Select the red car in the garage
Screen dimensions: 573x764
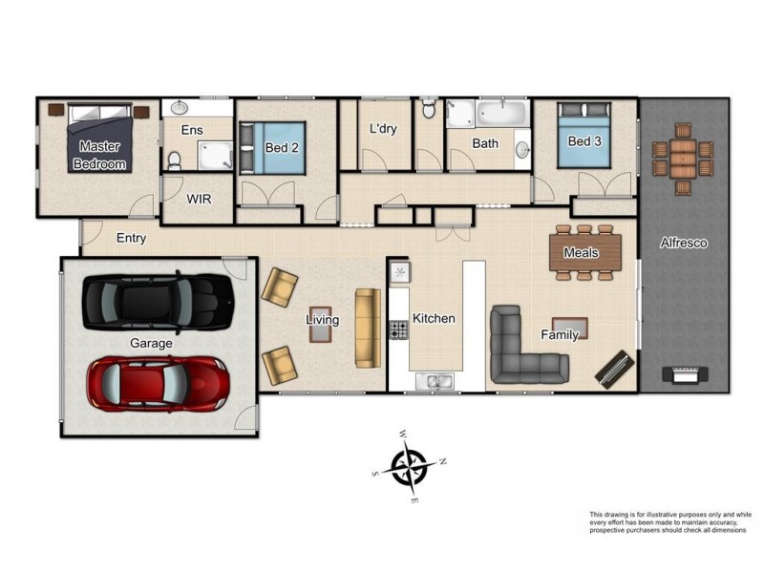pos(158,381)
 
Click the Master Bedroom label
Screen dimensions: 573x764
pos(99,155)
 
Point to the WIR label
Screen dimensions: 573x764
pos(199,200)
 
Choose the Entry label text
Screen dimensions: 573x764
pos(131,238)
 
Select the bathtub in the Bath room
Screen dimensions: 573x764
pos(500,115)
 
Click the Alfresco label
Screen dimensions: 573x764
pos(683,244)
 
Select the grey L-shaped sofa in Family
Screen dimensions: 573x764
pos(520,349)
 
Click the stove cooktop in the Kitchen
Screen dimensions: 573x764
pos(398,330)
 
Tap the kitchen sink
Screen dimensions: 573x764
pos(439,382)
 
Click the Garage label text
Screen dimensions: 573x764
pos(151,343)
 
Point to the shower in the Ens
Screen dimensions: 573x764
pos(214,154)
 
